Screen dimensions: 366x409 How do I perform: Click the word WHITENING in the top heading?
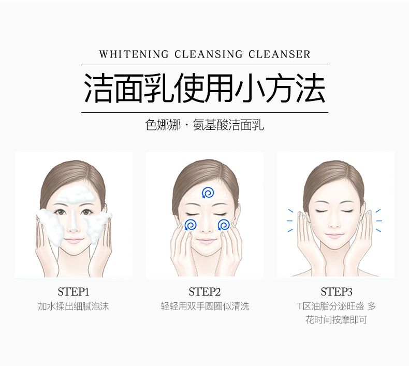tap(134, 54)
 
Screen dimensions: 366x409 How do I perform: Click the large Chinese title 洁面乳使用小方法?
tap(204, 89)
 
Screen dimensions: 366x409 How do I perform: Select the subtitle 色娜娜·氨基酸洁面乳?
tap(204, 125)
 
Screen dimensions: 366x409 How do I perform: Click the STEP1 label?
tap(74, 291)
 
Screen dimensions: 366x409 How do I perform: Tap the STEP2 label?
tap(204, 291)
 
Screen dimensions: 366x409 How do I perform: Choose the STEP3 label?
tap(336, 291)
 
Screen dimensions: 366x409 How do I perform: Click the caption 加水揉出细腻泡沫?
tap(74, 306)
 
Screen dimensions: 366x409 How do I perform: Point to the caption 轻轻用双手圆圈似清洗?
tap(204, 306)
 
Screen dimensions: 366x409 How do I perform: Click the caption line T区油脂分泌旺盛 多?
tap(336, 306)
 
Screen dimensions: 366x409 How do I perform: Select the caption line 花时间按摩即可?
tap(336, 320)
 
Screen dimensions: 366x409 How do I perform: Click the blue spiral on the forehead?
tap(207, 193)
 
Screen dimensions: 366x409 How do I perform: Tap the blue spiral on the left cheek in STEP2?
tap(190, 225)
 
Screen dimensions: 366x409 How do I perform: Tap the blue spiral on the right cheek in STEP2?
tap(224, 225)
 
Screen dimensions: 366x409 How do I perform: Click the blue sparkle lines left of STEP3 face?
tap(290, 220)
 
